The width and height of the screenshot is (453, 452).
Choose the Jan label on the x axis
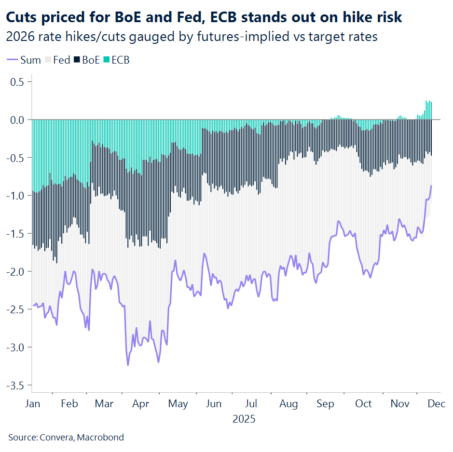(33, 404)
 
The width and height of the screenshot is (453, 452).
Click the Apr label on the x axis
(140, 404)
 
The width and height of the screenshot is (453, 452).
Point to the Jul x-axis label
(251, 404)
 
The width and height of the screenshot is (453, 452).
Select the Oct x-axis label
(363, 404)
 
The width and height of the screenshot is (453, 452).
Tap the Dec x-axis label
(436, 404)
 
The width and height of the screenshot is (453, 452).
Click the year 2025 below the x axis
(244, 419)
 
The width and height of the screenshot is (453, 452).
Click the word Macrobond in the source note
(100, 438)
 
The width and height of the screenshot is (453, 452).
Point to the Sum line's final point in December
(431, 186)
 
